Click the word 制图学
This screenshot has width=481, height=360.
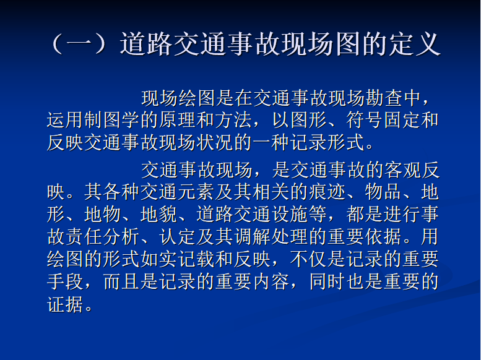[x=112, y=120]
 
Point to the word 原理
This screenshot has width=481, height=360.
[x=178, y=120]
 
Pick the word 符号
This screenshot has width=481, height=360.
[x=364, y=120]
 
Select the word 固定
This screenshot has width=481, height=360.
[x=402, y=120]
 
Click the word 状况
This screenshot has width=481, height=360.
[x=215, y=142]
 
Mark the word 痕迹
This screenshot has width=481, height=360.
[x=327, y=192]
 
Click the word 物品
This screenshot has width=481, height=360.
[x=383, y=192]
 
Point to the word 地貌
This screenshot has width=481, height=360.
[x=158, y=214]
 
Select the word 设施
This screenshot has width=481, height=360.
[x=290, y=214]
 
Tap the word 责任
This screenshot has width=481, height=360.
[x=84, y=236]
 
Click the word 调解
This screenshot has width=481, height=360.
[x=252, y=236]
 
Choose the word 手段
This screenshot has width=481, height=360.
[x=65, y=281]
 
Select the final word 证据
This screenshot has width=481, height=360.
[x=65, y=304]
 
